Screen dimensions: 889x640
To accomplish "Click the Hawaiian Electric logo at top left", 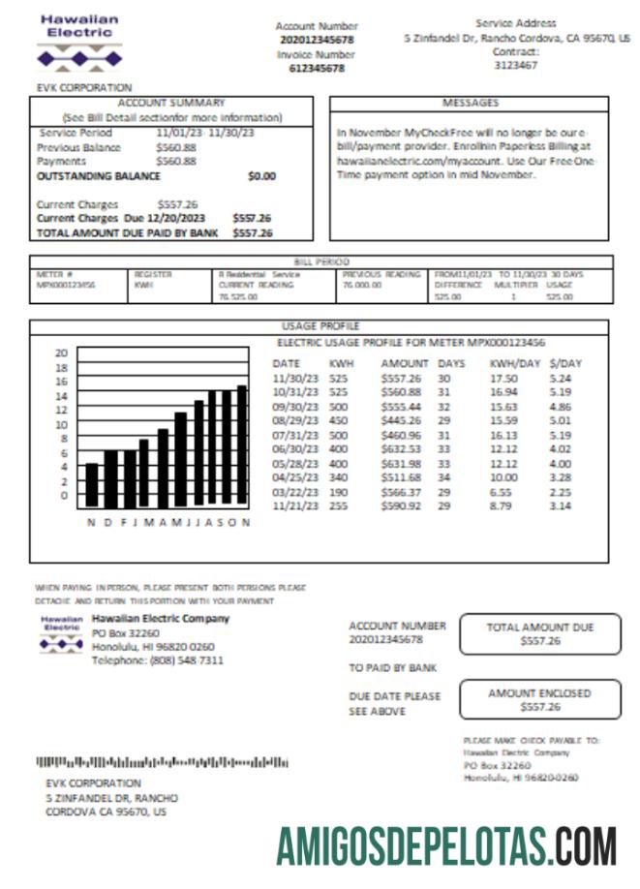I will (x=80, y=44).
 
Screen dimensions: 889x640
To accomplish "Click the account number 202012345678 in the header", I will (x=317, y=40).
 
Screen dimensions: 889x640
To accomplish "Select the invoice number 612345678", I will (x=317, y=69).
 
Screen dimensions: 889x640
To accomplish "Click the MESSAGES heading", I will (x=470, y=103).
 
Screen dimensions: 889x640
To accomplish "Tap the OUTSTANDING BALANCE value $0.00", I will (x=261, y=177).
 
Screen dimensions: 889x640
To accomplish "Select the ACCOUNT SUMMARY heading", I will (x=171, y=103).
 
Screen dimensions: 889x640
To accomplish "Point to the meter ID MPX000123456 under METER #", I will (x=66, y=286).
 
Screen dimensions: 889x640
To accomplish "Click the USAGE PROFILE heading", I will (x=320, y=327).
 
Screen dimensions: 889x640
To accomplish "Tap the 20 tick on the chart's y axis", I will (x=61, y=353).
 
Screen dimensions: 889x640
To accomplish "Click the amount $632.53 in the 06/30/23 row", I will (x=401, y=448).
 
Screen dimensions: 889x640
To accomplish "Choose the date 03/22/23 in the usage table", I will (x=293, y=491).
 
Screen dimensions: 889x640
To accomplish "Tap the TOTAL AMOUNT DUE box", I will (x=540, y=634).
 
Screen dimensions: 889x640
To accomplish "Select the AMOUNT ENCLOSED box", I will (x=540, y=699).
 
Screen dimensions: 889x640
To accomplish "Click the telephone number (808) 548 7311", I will (x=158, y=660).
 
